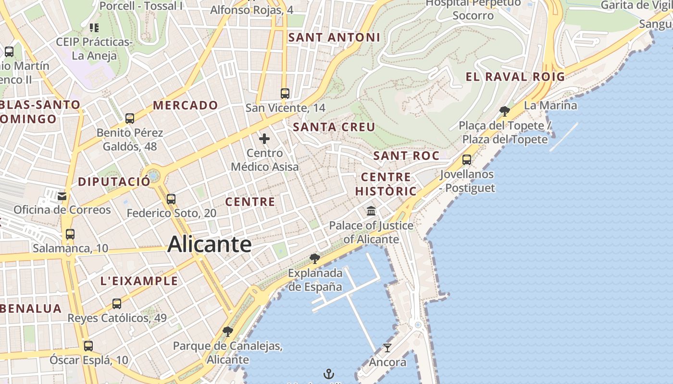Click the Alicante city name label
pyautogui.click(x=210, y=244)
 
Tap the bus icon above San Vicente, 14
pyautogui.click(x=285, y=93)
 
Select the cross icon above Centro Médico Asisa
pyautogui.click(x=264, y=139)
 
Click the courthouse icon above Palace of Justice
pyautogui.click(x=371, y=211)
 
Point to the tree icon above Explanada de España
pyautogui.click(x=315, y=259)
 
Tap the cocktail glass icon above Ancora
pyautogui.click(x=387, y=348)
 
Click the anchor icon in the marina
pyautogui.click(x=329, y=373)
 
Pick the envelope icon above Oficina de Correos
pyautogui.click(x=62, y=196)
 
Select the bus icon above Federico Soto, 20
pyautogui.click(x=171, y=199)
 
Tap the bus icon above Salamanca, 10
pyautogui.click(x=70, y=234)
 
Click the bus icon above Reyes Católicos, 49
pyautogui.click(x=117, y=303)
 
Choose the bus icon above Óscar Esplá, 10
pyautogui.click(x=88, y=346)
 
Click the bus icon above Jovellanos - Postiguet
pyautogui.click(x=467, y=160)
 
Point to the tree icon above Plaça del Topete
pyautogui.click(x=505, y=111)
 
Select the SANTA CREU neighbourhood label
pyautogui.click(x=334, y=127)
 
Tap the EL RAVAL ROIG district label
pyautogui.click(x=515, y=76)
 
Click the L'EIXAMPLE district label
pyautogui.click(x=139, y=281)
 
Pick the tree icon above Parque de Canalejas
pyautogui.click(x=228, y=331)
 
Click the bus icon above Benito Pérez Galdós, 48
pyautogui.click(x=130, y=118)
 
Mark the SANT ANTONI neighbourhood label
pyautogui.click(x=334, y=37)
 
